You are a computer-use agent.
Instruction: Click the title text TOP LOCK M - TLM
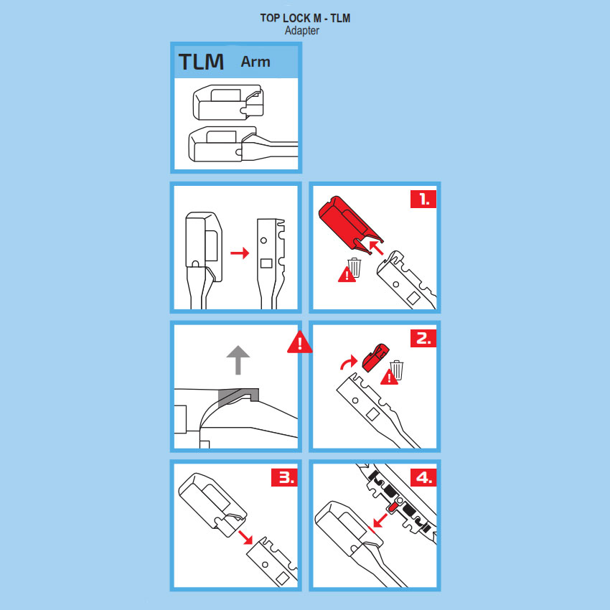tap(305, 18)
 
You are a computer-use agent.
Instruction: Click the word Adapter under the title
tap(302, 31)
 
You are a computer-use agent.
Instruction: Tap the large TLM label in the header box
tap(201, 62)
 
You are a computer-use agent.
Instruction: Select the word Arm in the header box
tap(255, 62)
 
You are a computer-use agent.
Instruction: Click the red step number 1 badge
tap(423, 200)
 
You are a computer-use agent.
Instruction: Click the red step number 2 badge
tap(423, 338)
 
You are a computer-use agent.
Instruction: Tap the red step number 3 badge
tap(284, 477)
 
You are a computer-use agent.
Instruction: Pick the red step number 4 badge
tap(423, 477)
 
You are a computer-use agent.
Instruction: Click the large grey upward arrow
tap(238, 360)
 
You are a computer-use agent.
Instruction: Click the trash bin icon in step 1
tap(355, 268)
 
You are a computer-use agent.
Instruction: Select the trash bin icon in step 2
tap(397, 370)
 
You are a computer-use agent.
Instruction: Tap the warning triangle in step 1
tap(346, 275)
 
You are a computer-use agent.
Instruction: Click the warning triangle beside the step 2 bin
tap(389, 377)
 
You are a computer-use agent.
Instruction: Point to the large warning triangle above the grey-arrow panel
tap(299, 342)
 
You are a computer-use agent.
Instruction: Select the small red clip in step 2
tap(375, 357)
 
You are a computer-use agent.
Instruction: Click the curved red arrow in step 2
tap(347, 362)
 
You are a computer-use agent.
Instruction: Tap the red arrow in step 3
tap(245, 538)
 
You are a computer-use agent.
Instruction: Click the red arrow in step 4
tap(380, 520)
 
